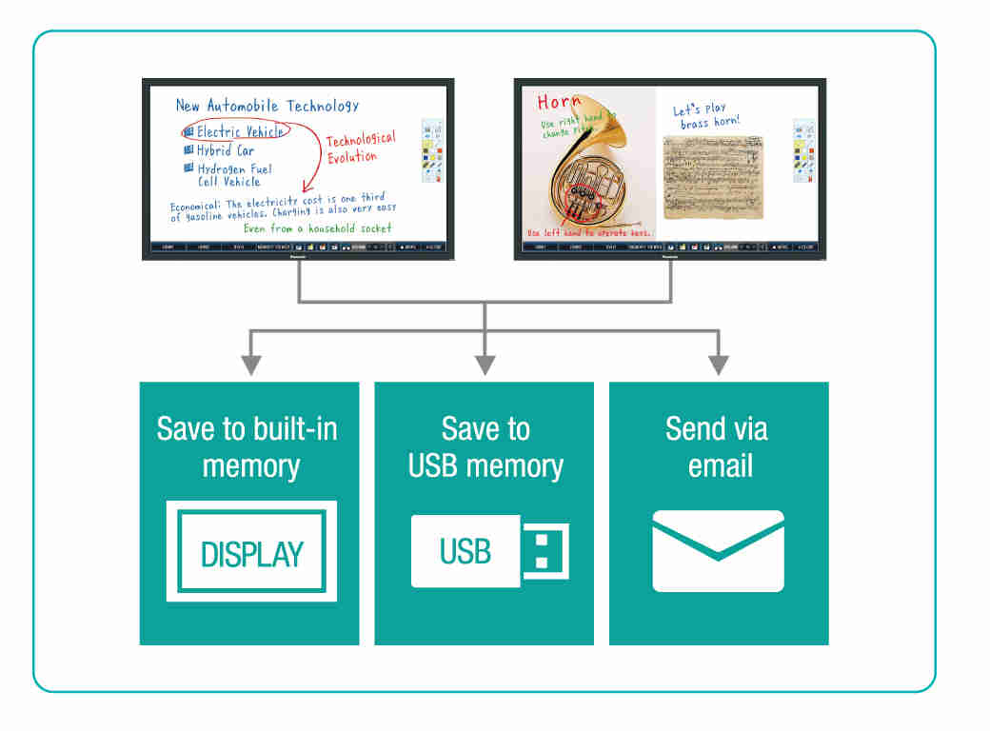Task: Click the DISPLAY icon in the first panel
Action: coord(251,551)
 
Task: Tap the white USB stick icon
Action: coord(489,550)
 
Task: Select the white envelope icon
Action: coord(719,551)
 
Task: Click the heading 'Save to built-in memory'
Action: coord(247,446)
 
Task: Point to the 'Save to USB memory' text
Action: coord(485,446)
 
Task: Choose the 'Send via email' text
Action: coord(719,446)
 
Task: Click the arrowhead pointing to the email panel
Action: coord(719,365)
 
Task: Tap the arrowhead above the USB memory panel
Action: coord(485,365)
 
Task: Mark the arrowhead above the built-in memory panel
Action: coord(251,365)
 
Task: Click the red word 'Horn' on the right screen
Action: coord(559,102)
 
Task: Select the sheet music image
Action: coord(713,175)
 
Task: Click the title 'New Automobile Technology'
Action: coord(267,106)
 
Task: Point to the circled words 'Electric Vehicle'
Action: coord(238,131)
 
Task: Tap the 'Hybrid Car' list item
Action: coord(226,150)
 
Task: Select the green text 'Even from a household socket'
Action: coord(317,228)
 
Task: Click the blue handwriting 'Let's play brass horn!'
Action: coord(705,116)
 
